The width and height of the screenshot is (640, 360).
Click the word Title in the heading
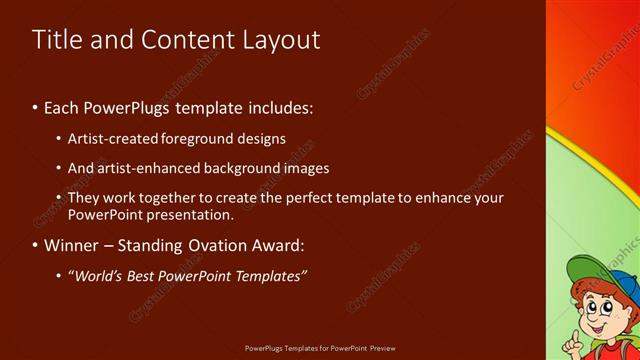pos(56,40)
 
